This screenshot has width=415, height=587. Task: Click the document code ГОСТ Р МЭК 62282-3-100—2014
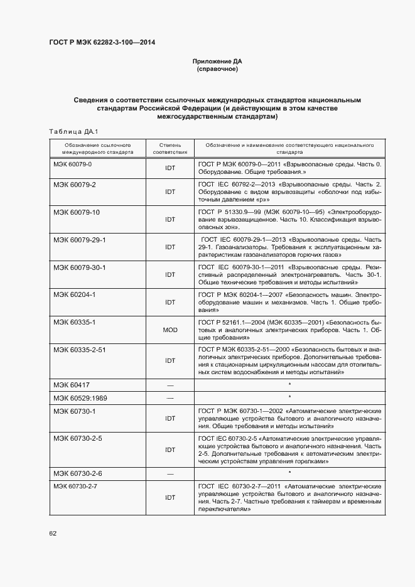point(102,42)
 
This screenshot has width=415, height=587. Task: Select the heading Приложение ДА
point(217,62)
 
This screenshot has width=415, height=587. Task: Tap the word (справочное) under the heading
point(217,69)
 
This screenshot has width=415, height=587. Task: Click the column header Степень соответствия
point(170,148)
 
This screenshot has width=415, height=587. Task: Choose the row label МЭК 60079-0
point(73,164)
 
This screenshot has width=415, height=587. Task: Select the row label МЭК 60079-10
point(77,212)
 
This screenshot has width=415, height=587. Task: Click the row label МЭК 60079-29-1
point(80,240)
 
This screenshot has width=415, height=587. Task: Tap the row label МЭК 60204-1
point(75,294)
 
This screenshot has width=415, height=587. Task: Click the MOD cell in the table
point(170,329)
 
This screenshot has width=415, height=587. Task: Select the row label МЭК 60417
point(71,384)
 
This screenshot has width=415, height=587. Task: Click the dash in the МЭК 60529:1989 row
point(170,397)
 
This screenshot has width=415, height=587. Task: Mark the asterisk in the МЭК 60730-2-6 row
point(289,473)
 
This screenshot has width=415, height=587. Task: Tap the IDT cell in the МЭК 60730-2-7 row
point(170,497)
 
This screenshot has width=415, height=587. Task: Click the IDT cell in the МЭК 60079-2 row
point(170,193)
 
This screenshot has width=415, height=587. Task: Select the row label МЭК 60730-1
point(75,411)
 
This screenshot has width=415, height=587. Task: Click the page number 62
point(53,533)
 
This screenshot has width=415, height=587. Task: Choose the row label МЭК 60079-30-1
point(80,267)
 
